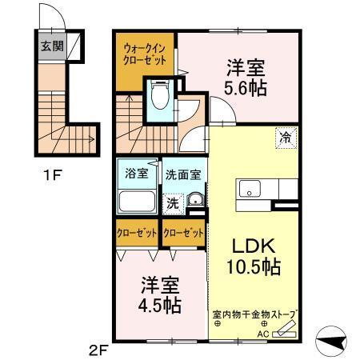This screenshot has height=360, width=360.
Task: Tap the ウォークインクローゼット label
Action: (145, 54)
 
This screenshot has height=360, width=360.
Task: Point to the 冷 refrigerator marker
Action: (286, 137)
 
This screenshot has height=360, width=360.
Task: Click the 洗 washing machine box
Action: (172, 203)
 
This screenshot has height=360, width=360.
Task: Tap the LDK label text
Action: (249, 244)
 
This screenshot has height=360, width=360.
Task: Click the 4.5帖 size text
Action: (160, 305)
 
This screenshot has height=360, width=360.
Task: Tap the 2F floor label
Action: (99, 348)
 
